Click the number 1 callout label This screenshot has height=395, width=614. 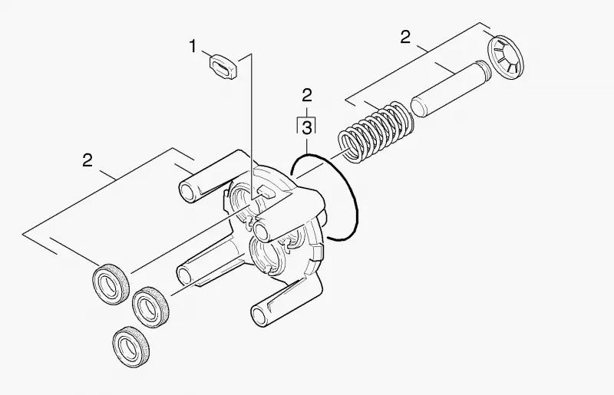tap(193, 47)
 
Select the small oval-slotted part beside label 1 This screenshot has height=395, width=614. tap(223, 67)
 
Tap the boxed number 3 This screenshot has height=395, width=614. tap(307, 127)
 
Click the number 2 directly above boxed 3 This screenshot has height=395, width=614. tap(307, 95)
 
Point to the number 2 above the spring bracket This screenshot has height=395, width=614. tap(405, 37)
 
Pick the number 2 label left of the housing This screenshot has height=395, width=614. tap(87, 160)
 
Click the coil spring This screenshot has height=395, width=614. tap(376, 131)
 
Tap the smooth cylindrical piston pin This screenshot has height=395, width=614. tap(451, 89)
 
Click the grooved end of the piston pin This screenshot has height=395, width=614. tap(484, 69)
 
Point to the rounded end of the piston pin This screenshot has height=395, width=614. tap(419, 107)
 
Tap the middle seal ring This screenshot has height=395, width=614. tap(150, 308)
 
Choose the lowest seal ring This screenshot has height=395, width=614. tap(131, 347)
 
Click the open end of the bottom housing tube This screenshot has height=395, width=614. tap(259, 314)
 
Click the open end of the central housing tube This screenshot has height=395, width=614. tap(261, 231)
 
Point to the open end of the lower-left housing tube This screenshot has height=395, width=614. tap(184, 275)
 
